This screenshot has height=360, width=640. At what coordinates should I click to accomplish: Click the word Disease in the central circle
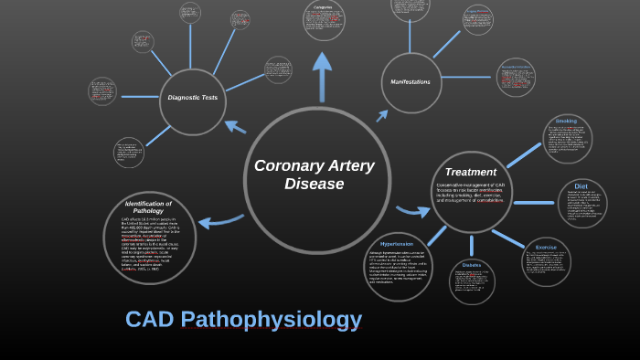coord(314,185)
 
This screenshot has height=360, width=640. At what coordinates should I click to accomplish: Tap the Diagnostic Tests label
coord(192,97)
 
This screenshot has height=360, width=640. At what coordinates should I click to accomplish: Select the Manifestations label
coord(411,82)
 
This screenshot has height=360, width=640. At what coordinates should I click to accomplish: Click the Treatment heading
coord(471,172)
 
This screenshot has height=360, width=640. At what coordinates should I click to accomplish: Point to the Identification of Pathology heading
coord(148,207)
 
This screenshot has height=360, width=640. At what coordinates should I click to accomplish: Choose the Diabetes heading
coord(472,265)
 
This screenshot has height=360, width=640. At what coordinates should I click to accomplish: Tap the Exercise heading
coord(547,248)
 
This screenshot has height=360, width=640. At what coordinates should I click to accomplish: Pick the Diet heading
coord(581,185)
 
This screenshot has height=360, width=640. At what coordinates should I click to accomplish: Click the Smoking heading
coord(567,121)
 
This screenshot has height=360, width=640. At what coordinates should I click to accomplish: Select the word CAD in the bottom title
coord(148,320)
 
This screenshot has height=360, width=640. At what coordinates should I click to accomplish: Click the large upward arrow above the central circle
coord(322,73)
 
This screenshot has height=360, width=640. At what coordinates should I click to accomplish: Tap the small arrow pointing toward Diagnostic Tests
coord(235,126)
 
